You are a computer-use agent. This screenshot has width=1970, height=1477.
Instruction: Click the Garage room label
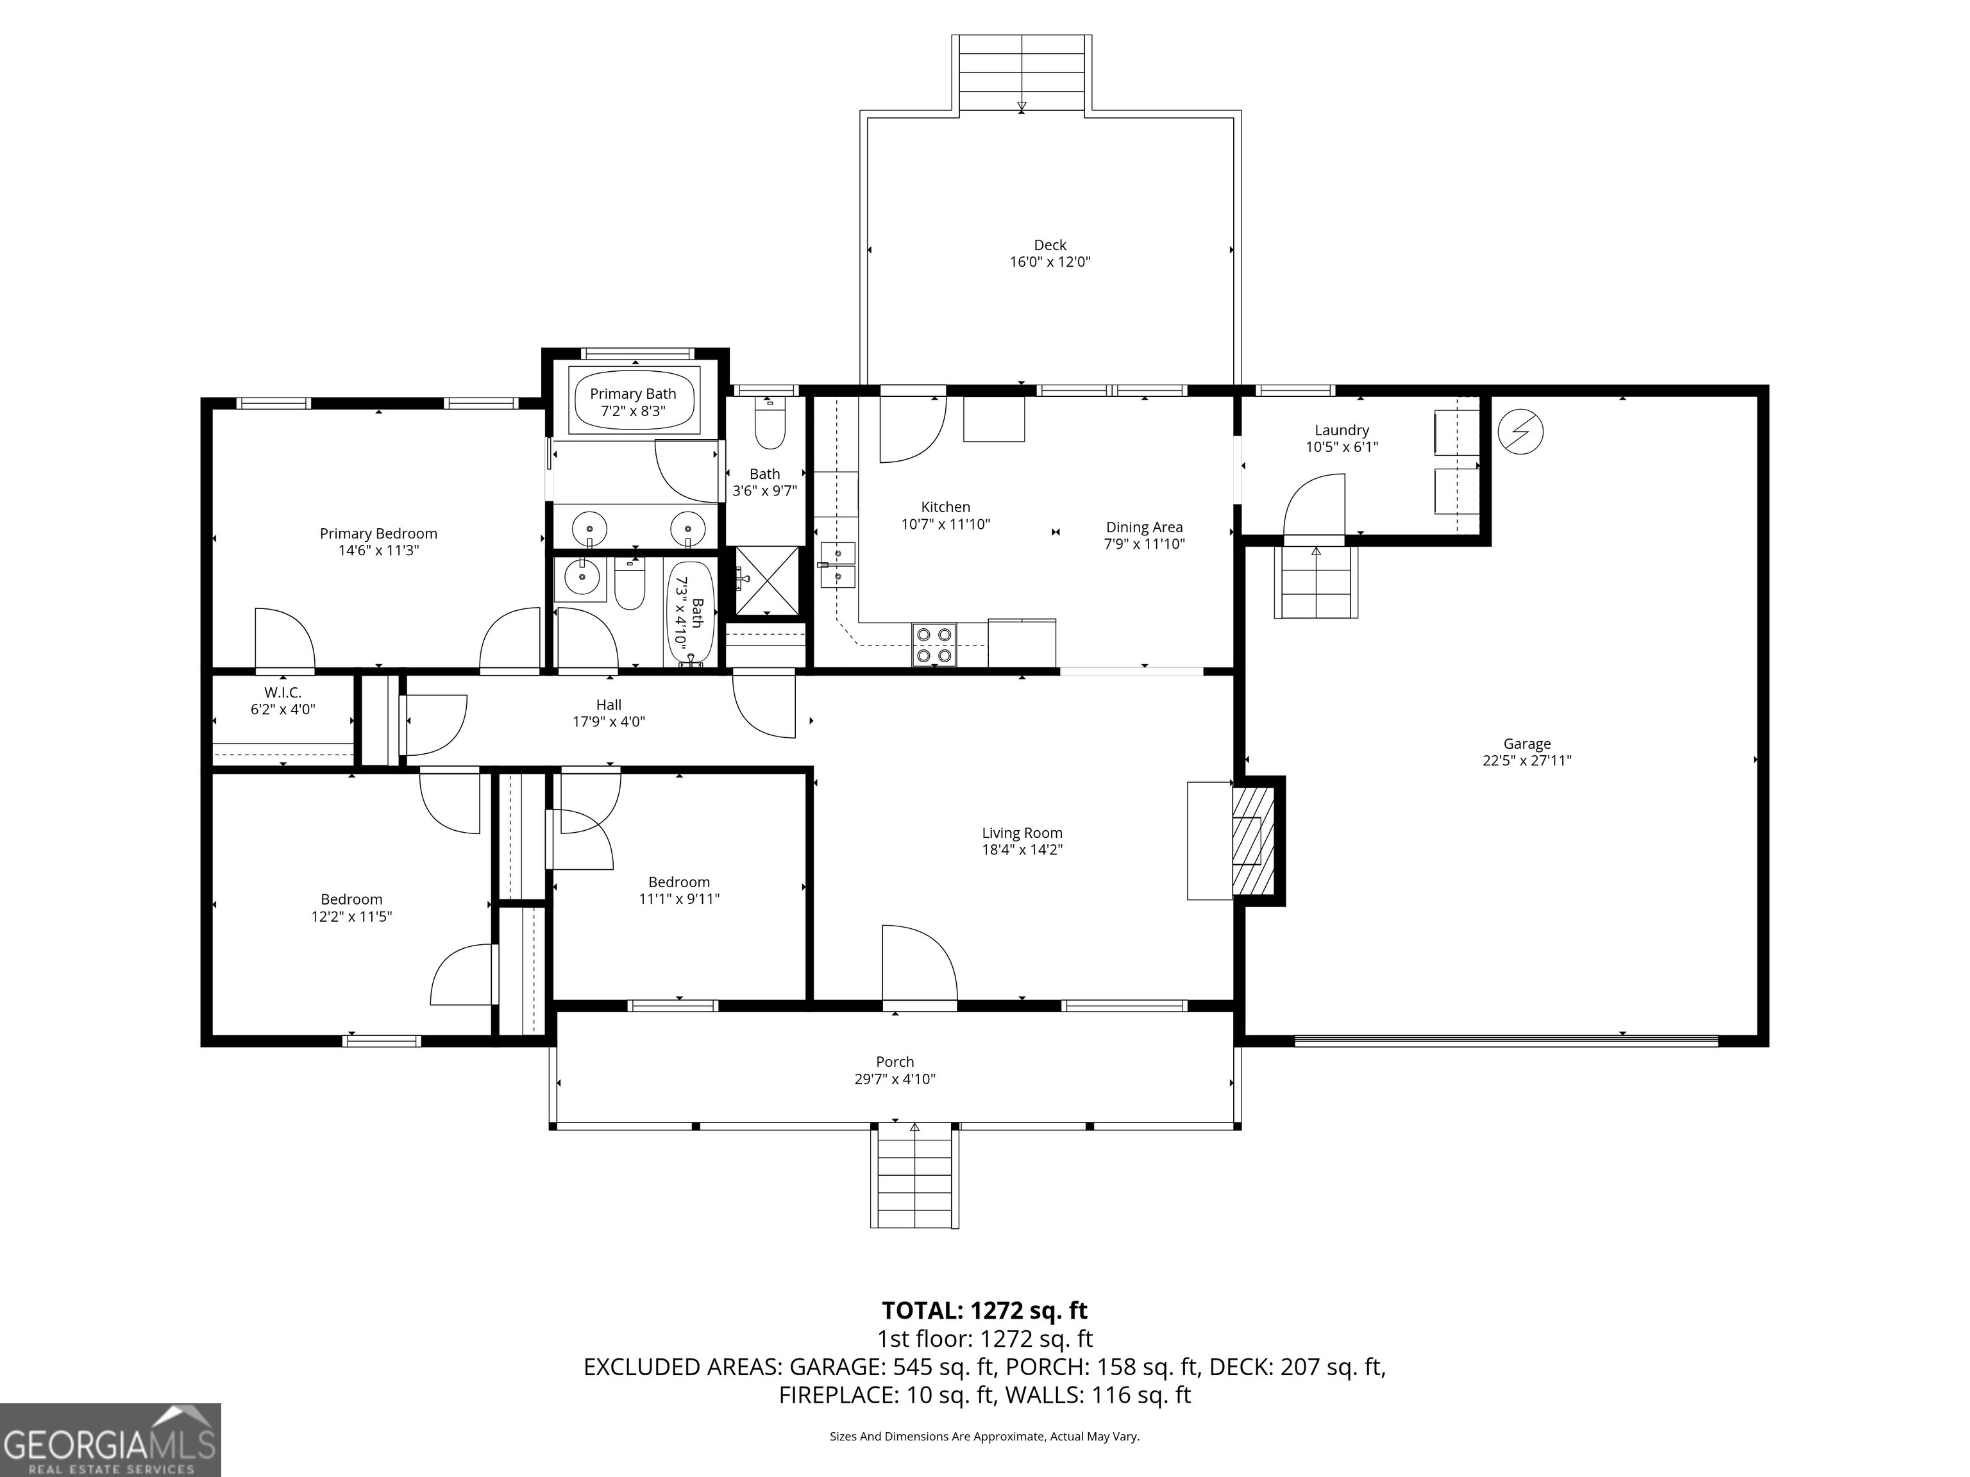[x=1526, y=744]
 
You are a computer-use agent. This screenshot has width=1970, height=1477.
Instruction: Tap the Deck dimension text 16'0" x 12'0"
[x=1050, y=262]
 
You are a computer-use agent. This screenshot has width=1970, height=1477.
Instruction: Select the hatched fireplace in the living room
[x=1253, y=841]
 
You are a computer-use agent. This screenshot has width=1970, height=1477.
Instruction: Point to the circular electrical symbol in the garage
[x=1520, y=432]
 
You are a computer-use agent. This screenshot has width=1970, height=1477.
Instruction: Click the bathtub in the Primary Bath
[x=633, y=401]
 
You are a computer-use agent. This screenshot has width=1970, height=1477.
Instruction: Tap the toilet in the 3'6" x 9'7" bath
[x=770, y=426]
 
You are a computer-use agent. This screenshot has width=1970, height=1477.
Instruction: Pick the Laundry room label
[x=1342, y=430]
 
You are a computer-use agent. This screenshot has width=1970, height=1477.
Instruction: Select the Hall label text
[x=609, y=705]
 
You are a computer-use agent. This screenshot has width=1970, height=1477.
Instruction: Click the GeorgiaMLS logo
[x=110, y=1440]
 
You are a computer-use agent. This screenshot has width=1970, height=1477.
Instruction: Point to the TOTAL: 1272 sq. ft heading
[x=984, y=1310]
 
